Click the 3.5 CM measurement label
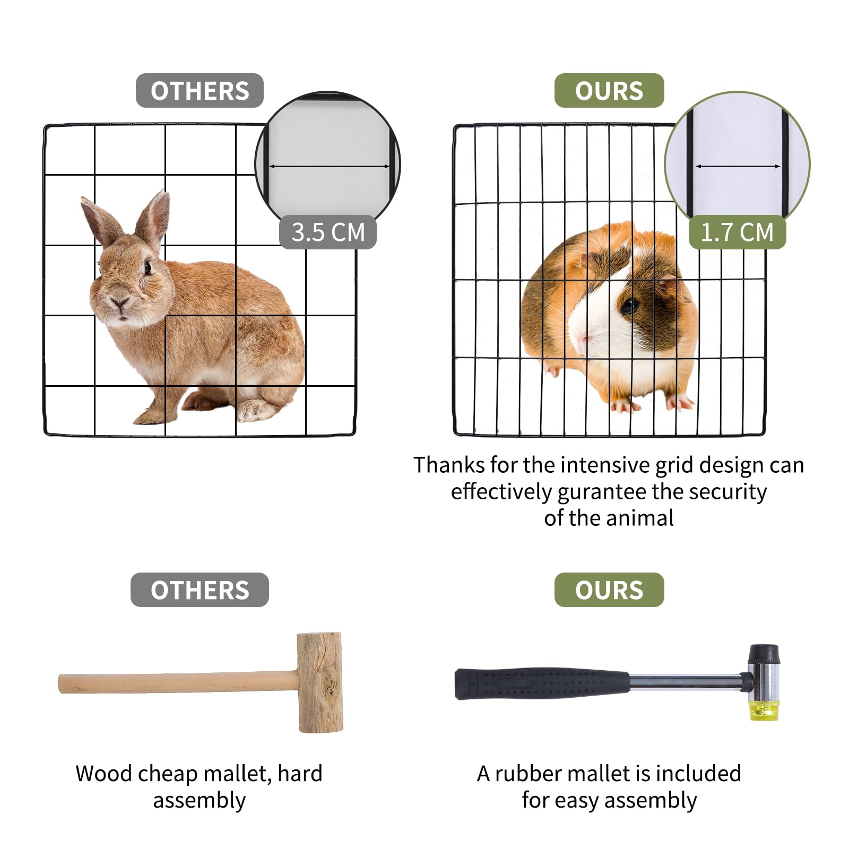click(x=328, y=232)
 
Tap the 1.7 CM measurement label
click(x=737, y=232)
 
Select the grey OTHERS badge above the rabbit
click(x=200, y=91)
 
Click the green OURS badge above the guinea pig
click(x=609, y=91)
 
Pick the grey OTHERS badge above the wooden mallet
click(x=200, y=590)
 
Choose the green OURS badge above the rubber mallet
click(x=609, y=590)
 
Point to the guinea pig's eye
click(x=630, y=305)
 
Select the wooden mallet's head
click(x=319, y=682)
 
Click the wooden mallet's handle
click(x=178, y=683)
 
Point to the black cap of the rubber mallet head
click(x=764, y=654)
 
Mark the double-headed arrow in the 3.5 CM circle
click(x=329, y=167)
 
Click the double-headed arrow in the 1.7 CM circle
click(x=738, y=167)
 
